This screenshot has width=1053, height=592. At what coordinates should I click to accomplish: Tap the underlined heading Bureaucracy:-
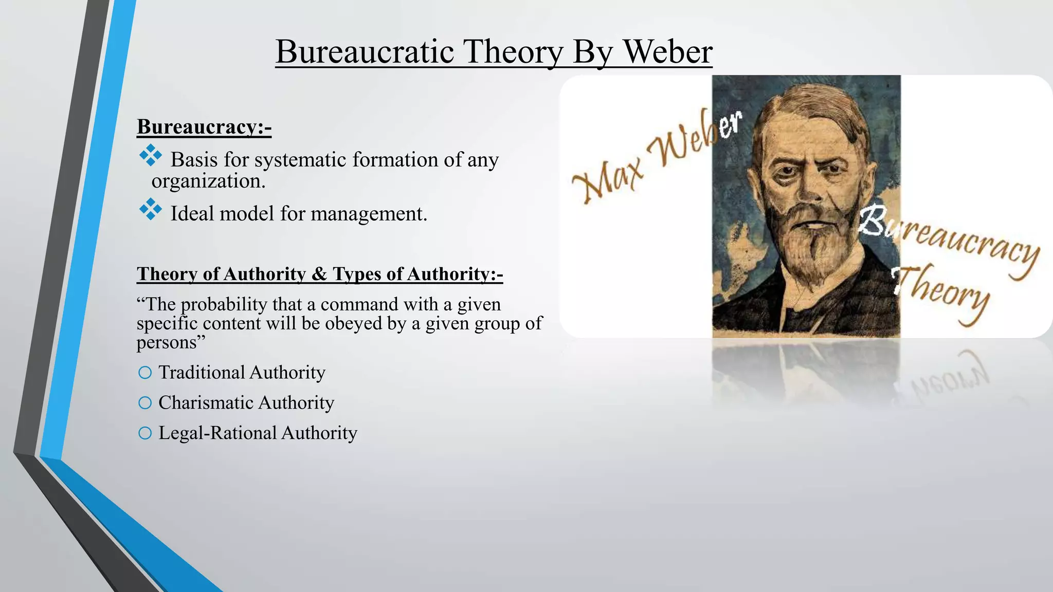tap(204, 126)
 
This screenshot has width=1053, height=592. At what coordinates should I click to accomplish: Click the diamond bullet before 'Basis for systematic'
tap(150, 155)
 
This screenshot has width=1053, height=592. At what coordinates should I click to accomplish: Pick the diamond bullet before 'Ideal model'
tap(150, 209)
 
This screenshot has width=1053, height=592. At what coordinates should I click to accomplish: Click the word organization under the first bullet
tap(208, 181)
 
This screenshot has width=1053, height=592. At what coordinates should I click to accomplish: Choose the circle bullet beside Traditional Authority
tap(145, 373)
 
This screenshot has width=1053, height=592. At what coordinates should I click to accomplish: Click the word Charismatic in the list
tap(205, 402)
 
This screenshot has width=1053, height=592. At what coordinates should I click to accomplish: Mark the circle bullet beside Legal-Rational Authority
tap(145, 433)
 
